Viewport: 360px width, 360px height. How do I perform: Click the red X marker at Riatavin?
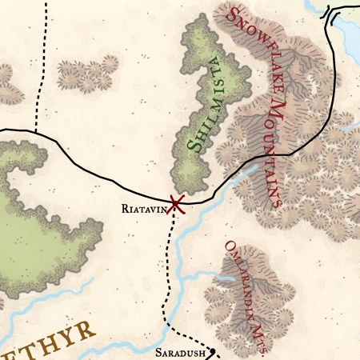[x=176, y=204]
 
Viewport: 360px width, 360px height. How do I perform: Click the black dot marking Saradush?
[x=214, y=351]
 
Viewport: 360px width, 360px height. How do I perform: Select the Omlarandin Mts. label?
[x=246, y=292]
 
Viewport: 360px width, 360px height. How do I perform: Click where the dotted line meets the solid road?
[x=35, y=131]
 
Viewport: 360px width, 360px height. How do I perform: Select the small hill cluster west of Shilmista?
[x=86, y=74]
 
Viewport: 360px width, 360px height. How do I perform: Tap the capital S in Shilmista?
[x=194, y=146]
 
